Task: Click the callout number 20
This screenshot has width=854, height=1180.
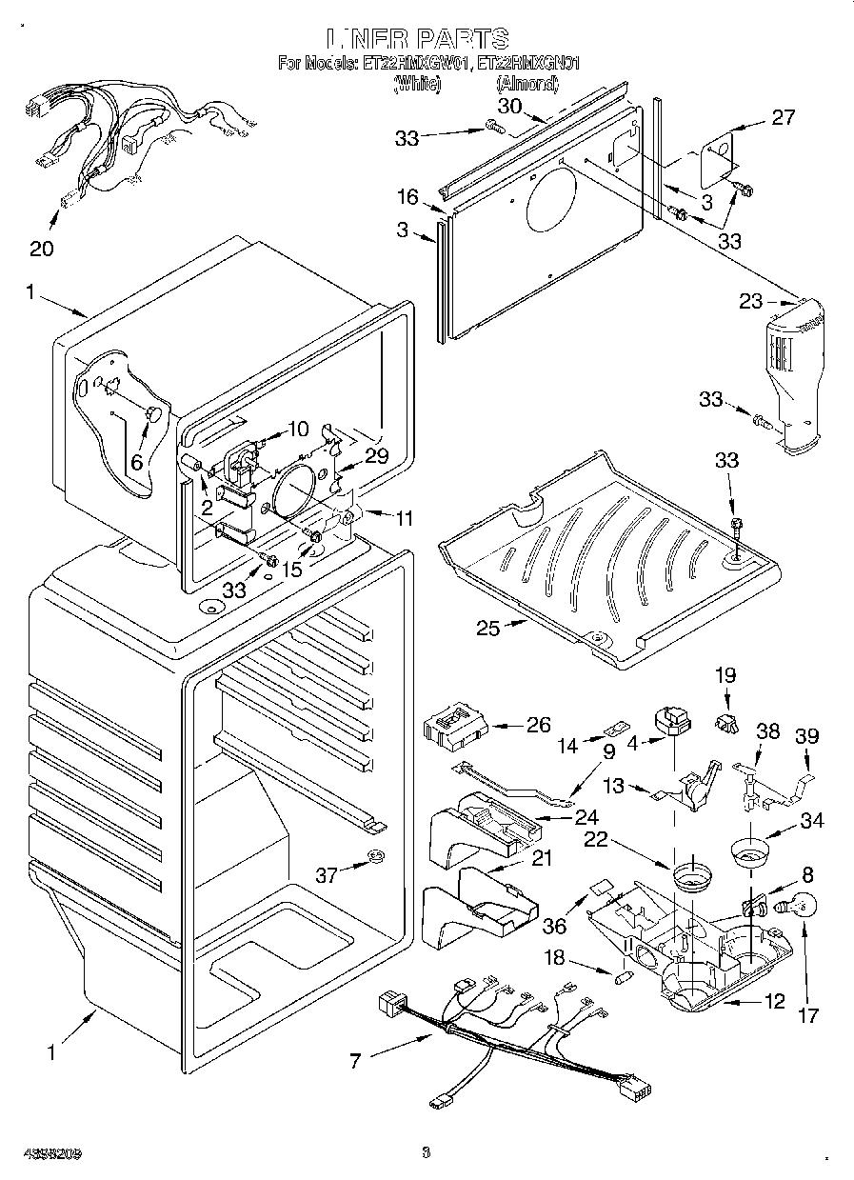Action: (41, 250)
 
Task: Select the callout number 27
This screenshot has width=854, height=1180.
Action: (783, 118)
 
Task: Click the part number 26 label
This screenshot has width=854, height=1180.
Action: (539, 725)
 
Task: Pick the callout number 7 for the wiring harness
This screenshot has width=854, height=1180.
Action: (356, 1061)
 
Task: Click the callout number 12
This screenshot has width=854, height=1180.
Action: (775, 1001)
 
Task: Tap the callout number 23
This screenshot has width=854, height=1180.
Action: (751, 301)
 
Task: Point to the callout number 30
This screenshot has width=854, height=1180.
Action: (510, 106)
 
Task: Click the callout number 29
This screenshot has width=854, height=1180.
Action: (377, 456)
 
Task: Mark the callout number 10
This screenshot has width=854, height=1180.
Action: (298, 428)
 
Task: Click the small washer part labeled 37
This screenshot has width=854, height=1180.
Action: (374, 862)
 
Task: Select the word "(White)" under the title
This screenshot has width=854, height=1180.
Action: (418, 84)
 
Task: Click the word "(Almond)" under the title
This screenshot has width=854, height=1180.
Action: (526, 84)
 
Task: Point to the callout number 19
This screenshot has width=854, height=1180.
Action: (725, 676)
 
